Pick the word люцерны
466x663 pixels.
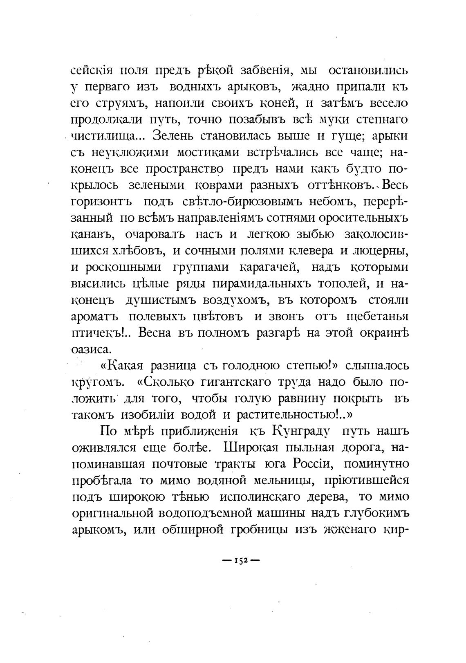point(381,251)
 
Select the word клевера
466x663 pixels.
point(313,251)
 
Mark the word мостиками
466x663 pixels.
point(208,152)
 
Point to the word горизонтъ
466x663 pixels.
point(100,202)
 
